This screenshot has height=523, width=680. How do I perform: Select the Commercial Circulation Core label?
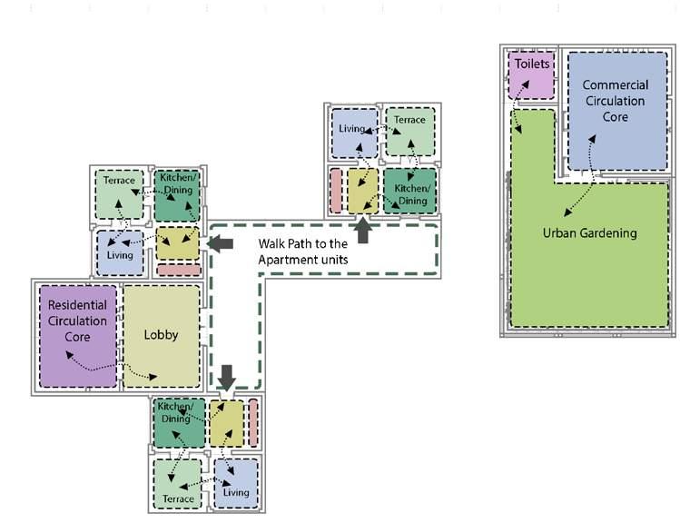[615, 101]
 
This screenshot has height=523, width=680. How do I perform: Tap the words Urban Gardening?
[589, 233]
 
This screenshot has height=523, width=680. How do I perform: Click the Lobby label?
[162, 335]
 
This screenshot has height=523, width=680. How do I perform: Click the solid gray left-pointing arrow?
[221, 243]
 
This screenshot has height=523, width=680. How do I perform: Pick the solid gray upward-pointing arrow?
[363, 231]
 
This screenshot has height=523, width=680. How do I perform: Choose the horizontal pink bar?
[177, 270]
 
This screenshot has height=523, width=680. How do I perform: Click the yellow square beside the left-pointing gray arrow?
[177, 243]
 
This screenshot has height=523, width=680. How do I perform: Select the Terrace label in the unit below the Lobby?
[178, 498]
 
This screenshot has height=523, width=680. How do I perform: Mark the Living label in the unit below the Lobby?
[236, 493]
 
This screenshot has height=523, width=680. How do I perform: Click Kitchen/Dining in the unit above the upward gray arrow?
[410, 193]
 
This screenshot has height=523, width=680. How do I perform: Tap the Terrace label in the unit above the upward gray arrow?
[409, 120]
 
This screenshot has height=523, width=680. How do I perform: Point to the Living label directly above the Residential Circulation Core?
[119, 255]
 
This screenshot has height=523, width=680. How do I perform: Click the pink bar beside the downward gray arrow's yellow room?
[253, 422]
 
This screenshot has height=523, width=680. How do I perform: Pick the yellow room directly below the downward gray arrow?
[227, 422]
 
